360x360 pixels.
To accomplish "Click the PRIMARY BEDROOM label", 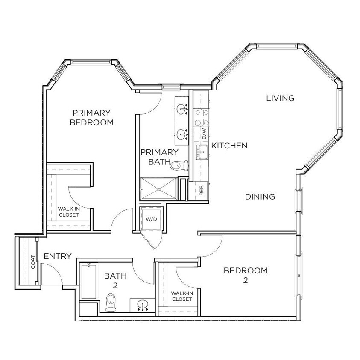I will tap(92, 118).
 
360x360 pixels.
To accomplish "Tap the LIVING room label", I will tap(280, 98).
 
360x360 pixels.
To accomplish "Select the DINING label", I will tap(260, 197).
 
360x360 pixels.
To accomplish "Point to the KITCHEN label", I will tap(230, 145).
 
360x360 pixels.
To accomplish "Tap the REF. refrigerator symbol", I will tap(202, 189).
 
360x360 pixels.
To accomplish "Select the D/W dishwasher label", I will tap(204, 134).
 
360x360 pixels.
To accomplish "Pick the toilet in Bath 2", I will tap(111, 302).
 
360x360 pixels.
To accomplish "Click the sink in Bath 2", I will tap(142, 305).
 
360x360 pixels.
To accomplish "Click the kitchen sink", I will tap(202, 151).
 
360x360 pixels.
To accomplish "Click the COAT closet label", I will tap(33, 264).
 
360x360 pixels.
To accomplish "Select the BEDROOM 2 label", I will tap(246, 275).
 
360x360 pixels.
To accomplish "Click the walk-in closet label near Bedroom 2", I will tap(181, 296).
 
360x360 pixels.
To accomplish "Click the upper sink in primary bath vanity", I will tap(183, 109).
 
